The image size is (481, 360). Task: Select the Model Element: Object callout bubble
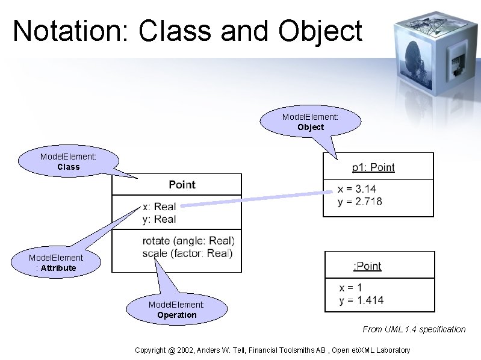pyautogui.click(x=310, y=122)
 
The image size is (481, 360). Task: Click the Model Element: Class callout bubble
pyautogui.click(x=68, y=161)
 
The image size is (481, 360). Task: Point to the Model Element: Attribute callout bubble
pyautogui.click(x=56, y=262)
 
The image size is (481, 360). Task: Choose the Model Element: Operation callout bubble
pyautogui.click(x=176, y=309)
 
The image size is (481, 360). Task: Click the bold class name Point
pyautogui.click(x=182, y=185)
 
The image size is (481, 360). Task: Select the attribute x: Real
pyautogui.click(x=159, y=207)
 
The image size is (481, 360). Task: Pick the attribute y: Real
pyautogui.click(x=159, y=219)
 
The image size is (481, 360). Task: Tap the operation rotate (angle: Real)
pyautogui.click(x=188, y=241)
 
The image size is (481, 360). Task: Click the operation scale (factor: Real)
pyautogui.click(x=187, y=253)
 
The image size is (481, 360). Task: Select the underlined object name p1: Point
pyautogui.click(x=373, y=167)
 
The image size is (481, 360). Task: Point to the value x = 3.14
pyautogui.click(x=356, y=190)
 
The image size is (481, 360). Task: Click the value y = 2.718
pyautogui.click(x=359, y=202)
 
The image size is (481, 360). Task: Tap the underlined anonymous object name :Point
pyautogui.click(x=367, y=266)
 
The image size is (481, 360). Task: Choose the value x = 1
pyautogui.click(x=350, y=288)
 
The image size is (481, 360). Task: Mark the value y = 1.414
pyautogui.click(x=361, y=300)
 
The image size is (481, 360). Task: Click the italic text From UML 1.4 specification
pyautogui.click(x=414, y=329)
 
